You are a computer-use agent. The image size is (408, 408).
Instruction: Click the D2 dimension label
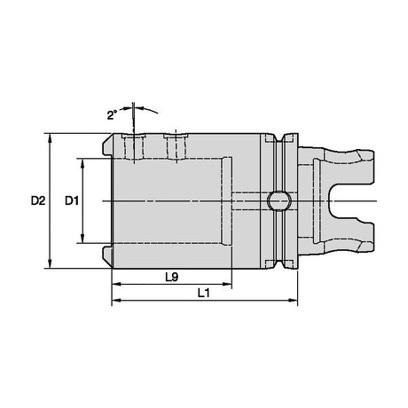click(38, 200)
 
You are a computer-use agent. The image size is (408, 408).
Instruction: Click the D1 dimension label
click(72, 200)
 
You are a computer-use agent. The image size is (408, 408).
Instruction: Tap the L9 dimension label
click(172, 278)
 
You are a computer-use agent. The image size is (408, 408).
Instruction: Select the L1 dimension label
click(204, 294)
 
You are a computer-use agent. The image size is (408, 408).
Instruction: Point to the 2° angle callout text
click(113, 114)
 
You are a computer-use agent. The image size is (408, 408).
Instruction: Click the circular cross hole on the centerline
click(279, 201)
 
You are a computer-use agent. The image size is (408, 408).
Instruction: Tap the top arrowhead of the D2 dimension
click(51, 137)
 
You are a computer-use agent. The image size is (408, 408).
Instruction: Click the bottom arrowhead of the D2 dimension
click(51, 263)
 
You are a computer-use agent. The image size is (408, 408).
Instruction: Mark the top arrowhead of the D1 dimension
click(82, 163)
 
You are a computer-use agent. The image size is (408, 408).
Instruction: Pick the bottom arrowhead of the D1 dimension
click(82, 239)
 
